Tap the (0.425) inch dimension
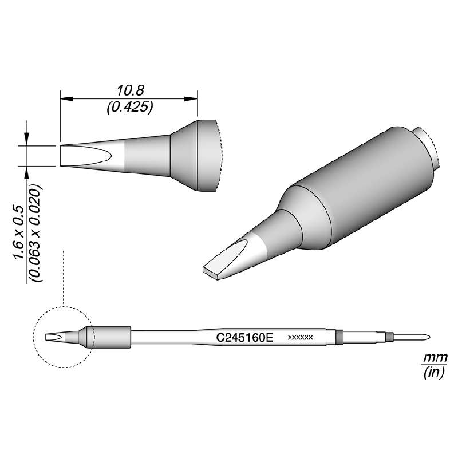129,107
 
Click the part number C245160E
245,338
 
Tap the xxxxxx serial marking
299,338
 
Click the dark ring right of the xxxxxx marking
339,337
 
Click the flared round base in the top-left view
198,155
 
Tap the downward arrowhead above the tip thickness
26,140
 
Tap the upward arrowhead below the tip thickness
26,172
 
